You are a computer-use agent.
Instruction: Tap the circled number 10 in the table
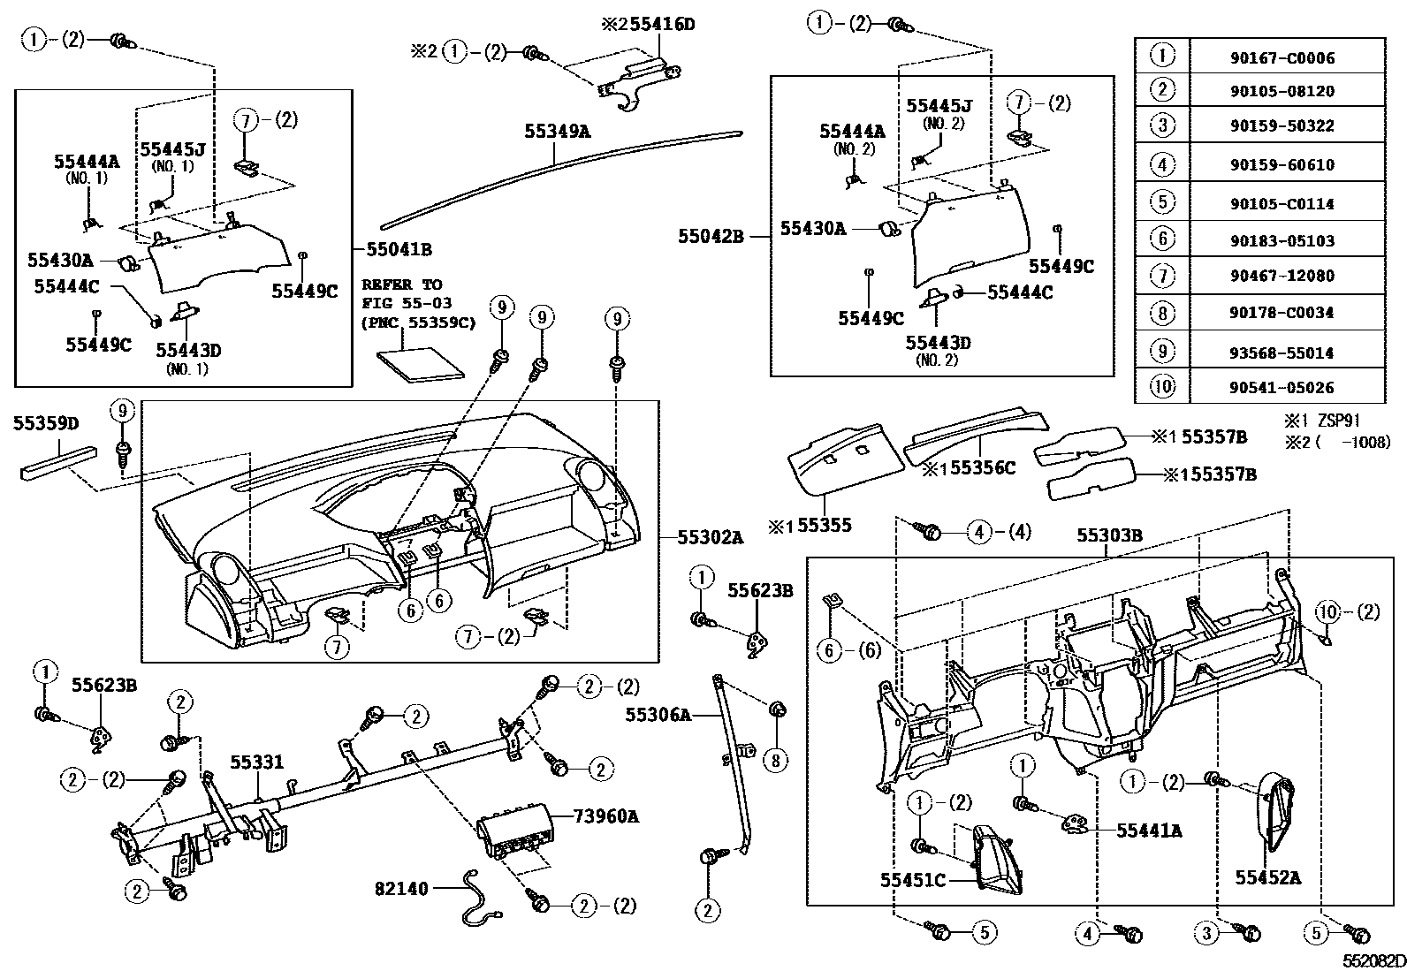point(1162,387)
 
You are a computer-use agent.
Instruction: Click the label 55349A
point(557,133)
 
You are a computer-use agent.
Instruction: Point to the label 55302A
point(711,536)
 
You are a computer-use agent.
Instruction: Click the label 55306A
point(658,715)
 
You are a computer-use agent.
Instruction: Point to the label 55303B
point(1109,536)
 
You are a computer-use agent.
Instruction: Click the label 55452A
point(1267,877)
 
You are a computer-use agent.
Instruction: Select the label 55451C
point(912,880)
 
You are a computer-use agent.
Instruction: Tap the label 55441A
point(1149,831)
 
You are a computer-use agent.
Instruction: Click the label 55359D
point(46,424)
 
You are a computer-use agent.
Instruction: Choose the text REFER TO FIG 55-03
point(402,294)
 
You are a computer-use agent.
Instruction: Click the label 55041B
point(399,250)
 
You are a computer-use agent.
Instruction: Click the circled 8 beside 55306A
point(775,759)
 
